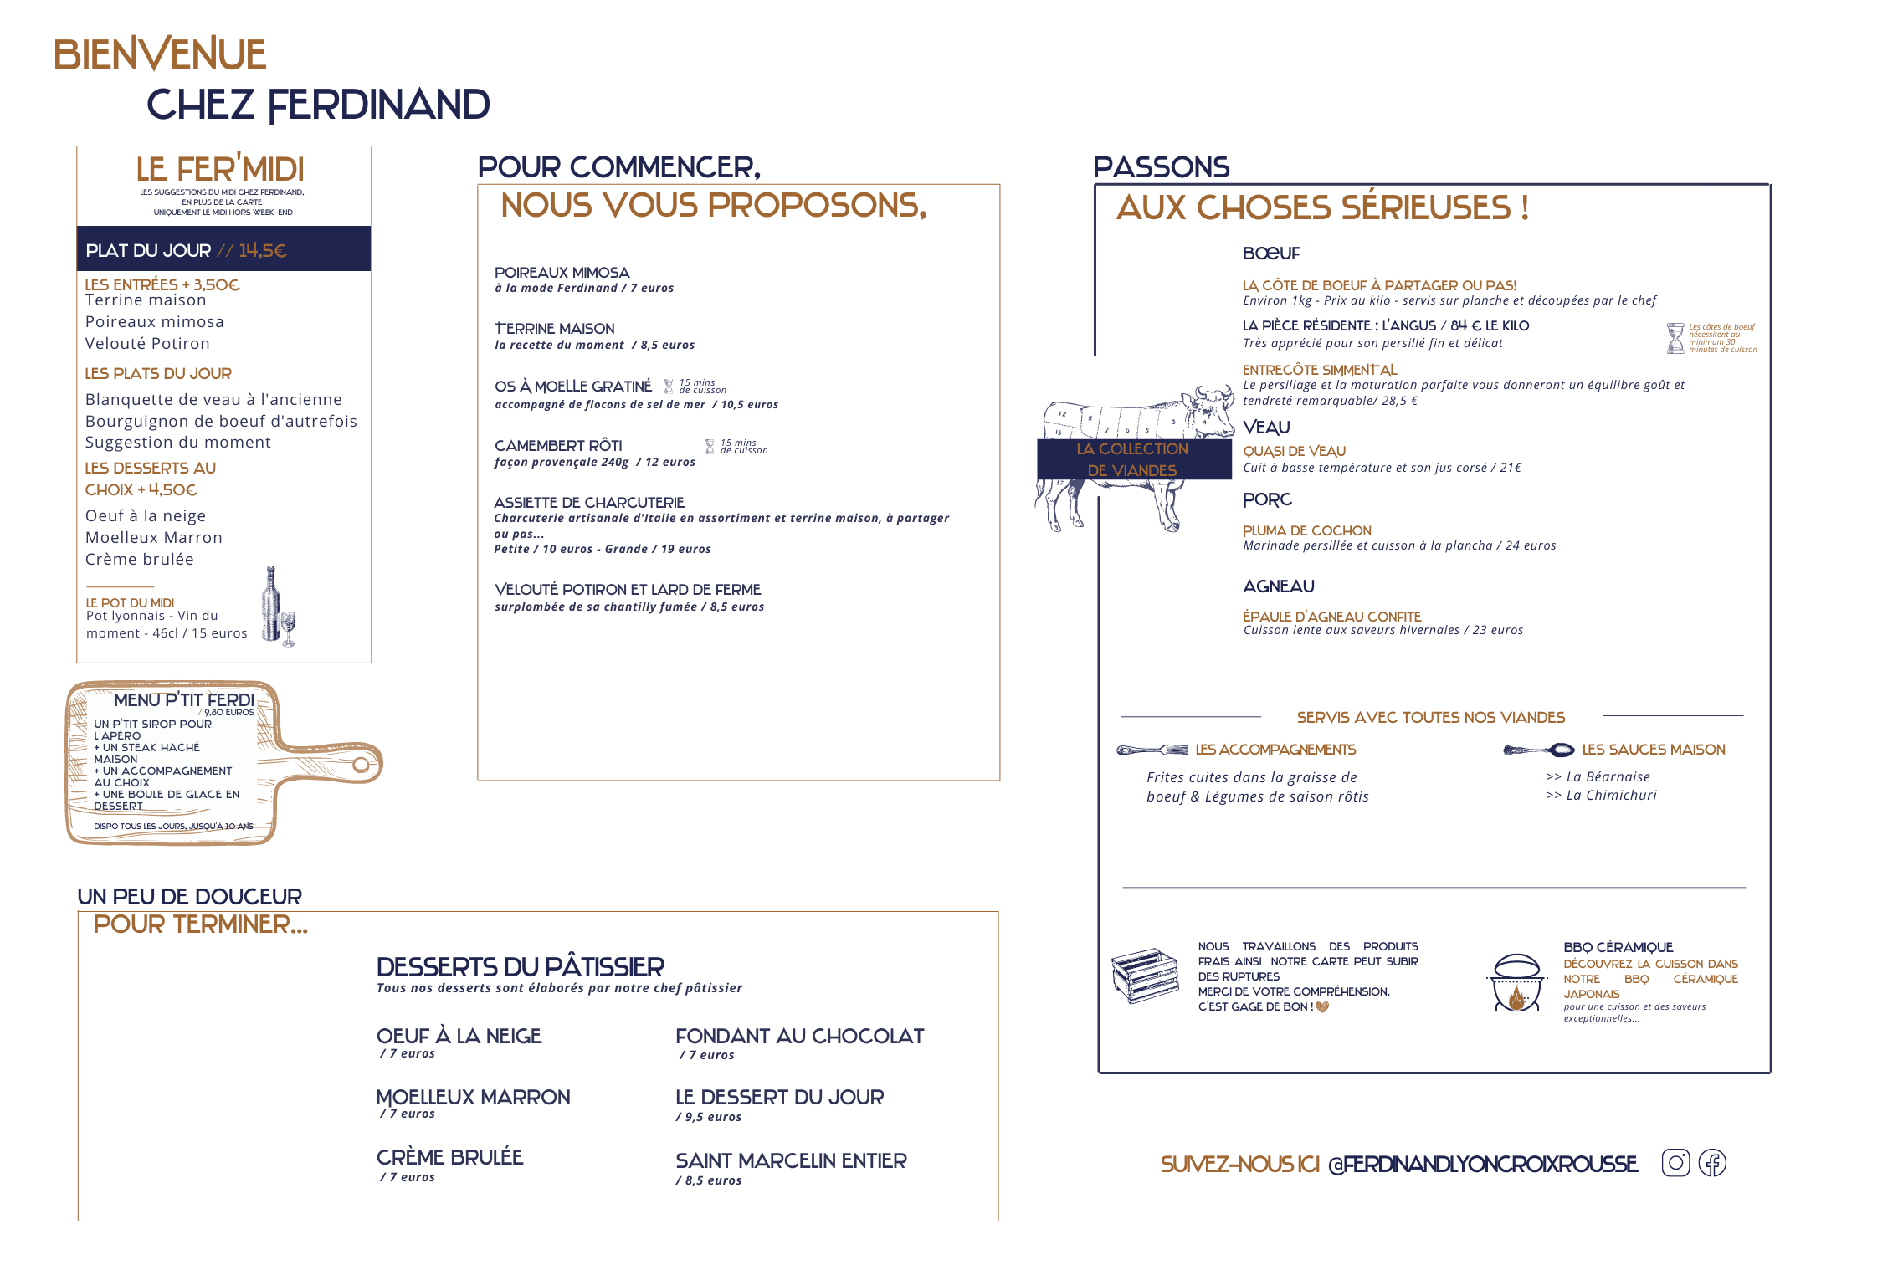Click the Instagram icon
point(1675,1163)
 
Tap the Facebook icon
point(1712,1163)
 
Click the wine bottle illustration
point(271,604)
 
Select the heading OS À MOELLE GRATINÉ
point(573,387)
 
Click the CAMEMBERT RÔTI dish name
point(558,446)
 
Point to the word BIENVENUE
point(160,55)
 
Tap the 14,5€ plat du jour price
point(263,250)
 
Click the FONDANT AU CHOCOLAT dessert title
point(799,1037)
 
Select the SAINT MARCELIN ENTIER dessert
point(791,1161)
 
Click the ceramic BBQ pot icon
point(1516,984)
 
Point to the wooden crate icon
point(1145,976)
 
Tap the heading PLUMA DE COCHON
point(1307,531)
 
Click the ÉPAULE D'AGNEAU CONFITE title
point(1331,617)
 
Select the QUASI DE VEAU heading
point(1294,452)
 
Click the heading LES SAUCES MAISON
point(1653,750)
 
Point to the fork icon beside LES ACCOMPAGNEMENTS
point(1152,750)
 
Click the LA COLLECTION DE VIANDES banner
point(1133,460)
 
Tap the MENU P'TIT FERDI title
point(184,700)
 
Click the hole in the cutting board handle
point(361,764)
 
